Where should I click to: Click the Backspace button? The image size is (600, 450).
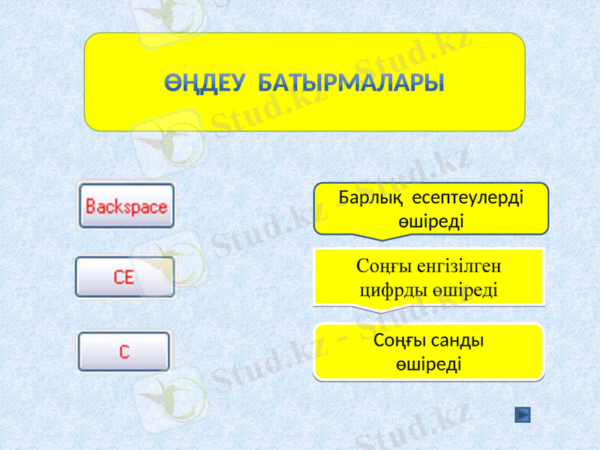[127, 205]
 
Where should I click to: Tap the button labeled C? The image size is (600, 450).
[124, 352]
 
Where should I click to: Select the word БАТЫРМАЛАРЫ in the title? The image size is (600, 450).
[350, 82]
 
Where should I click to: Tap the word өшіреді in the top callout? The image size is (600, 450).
[430, 221]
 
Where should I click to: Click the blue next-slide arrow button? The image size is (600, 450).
[523, 415]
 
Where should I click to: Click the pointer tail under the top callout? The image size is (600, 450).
[382, 236]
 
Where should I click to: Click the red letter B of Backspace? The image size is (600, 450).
[91, 206]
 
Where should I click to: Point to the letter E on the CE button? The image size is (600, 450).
[130, 277]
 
